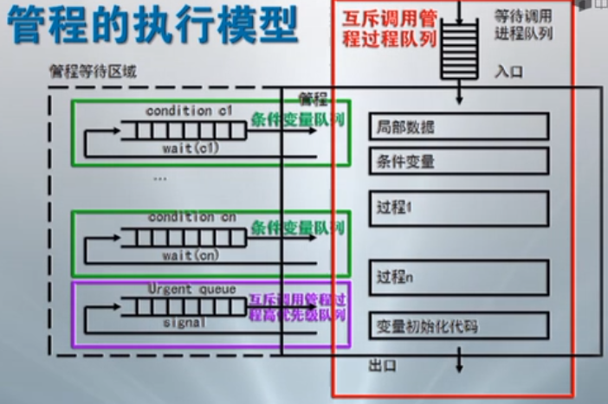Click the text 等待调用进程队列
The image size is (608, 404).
tap(523, 25)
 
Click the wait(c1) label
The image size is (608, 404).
tap(191, 149)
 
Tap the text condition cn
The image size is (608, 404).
tap(191, 218)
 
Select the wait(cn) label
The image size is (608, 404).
tap(191, 256)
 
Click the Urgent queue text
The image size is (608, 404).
tap(191, 289)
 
